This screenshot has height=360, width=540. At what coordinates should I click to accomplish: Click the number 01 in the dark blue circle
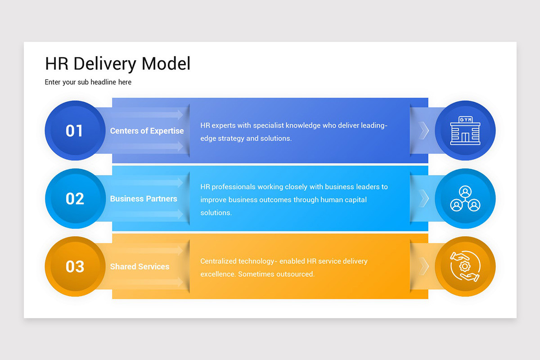tap(74, 131)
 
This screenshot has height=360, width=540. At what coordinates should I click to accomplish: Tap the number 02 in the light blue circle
tap(74, 199)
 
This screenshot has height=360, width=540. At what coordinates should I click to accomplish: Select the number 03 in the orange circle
tap(74, 266)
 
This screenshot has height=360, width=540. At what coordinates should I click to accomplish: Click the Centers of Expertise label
tap(147, 131)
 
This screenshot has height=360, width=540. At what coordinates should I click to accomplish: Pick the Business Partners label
tap(144, 199)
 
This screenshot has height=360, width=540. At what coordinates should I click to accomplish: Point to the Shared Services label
tap(139, 266)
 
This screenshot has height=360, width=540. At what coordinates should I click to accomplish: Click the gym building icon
tap(465, 131)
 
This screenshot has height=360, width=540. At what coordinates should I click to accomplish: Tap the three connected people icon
tap(465, 199)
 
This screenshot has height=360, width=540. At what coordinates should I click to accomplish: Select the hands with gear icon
tap(465, 266)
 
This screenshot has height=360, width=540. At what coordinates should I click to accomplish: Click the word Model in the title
tap(166, 64)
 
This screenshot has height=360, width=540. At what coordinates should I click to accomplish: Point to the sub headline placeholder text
tap(88, 82)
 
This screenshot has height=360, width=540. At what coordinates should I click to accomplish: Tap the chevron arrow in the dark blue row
tap(423, 130)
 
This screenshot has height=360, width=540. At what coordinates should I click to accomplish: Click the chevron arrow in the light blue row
tap(423, 198)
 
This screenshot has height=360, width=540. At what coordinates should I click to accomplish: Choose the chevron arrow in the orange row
tap(423, 266)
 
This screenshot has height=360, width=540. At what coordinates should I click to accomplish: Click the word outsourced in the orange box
tap(294, 274)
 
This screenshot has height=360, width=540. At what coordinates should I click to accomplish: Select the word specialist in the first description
tap(268, 126)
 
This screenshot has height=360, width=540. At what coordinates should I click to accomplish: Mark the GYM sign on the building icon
tap(465, 119)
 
